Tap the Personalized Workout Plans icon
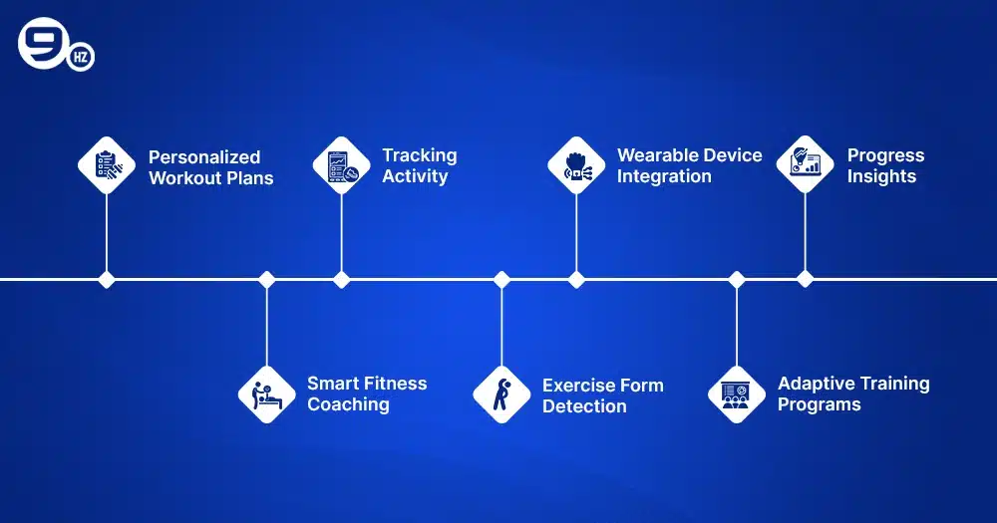click(x=107, y=164)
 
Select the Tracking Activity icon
click(x=342, y=164)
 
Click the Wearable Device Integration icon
click(x=577, y=164)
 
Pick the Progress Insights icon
click(x=806, y=164)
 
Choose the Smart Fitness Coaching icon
click(x=266, y=393)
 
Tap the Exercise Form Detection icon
click(x=501, y=393)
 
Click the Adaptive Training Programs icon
click(x=737, y=393)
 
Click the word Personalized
click(x=204, y=157)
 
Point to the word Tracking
click(x=420, y=155)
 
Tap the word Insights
click(x=881, y=176)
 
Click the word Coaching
click(x=348, y=404)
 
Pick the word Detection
click(x=584, y=406)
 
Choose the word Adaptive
click(x=815, y=384)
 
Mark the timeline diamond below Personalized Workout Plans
click(x=107, y=280)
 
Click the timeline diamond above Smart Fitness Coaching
click(x=266, y=280)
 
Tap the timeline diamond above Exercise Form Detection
click(x=501, y=280)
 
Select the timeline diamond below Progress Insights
click(x=806, y=280)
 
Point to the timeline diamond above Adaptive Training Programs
click(x=737, y=280)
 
